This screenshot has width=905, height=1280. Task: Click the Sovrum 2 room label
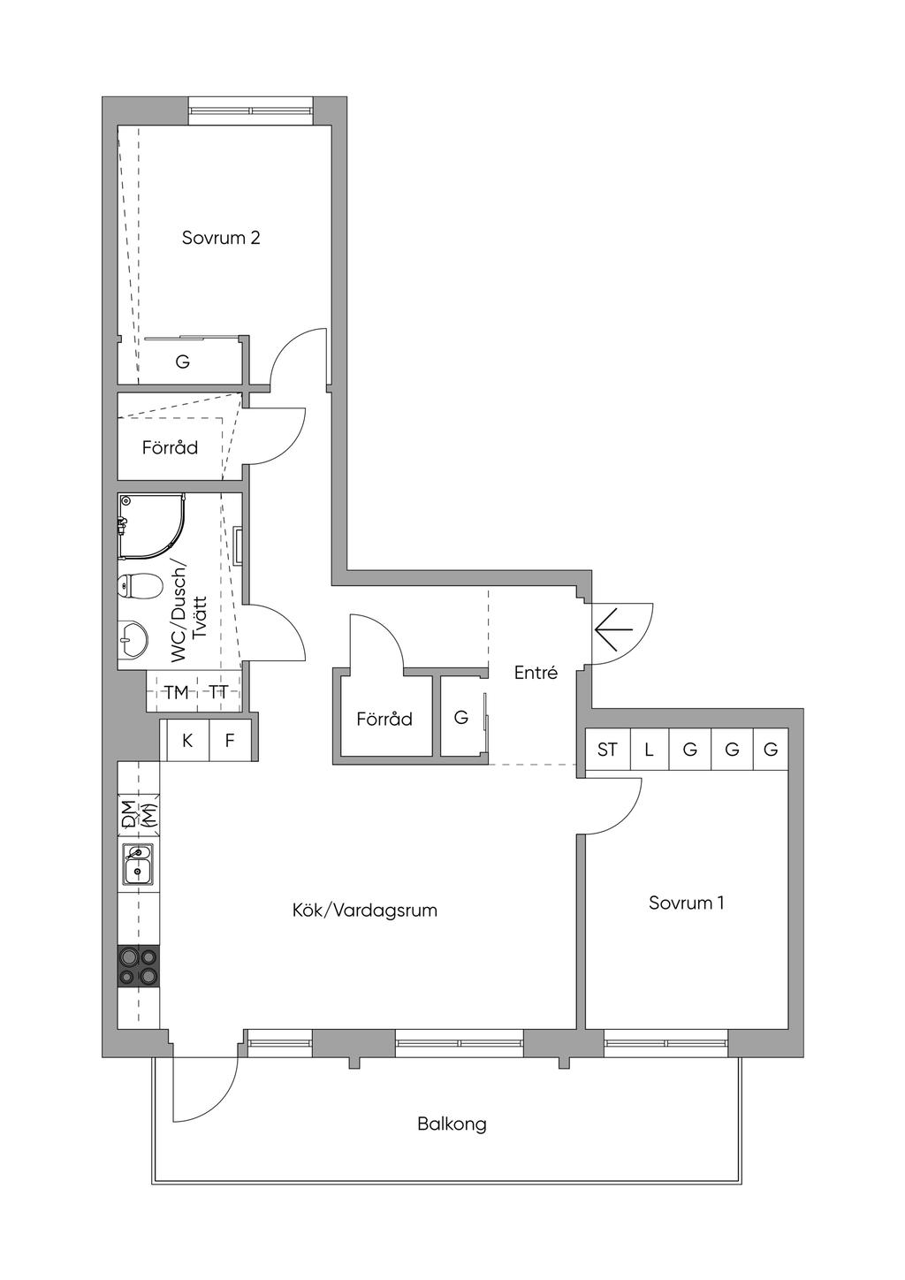[221, 238]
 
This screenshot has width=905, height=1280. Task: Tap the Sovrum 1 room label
[687, 903]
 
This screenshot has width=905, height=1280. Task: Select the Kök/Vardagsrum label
[365, 910]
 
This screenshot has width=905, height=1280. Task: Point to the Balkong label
[452, 1124]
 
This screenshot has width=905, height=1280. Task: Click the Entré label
[536, 673]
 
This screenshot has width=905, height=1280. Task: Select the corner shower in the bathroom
[149, 526]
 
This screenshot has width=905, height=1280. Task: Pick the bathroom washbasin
[133, 638]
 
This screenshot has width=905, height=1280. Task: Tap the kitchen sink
[139, 865]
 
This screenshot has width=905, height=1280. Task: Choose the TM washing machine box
[177, 692]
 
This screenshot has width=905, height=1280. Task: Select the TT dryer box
[218, 692]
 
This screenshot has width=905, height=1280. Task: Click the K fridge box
[187, 741]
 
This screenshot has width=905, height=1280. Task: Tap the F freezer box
[230, 741]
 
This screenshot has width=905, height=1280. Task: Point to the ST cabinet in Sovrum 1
[607, 750]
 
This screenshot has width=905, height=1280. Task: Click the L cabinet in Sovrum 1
[649, 750]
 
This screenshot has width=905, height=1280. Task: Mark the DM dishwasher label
[129, 814]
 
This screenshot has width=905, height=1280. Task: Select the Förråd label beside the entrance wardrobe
[384, 719]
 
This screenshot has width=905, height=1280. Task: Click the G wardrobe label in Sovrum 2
[183, 362]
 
